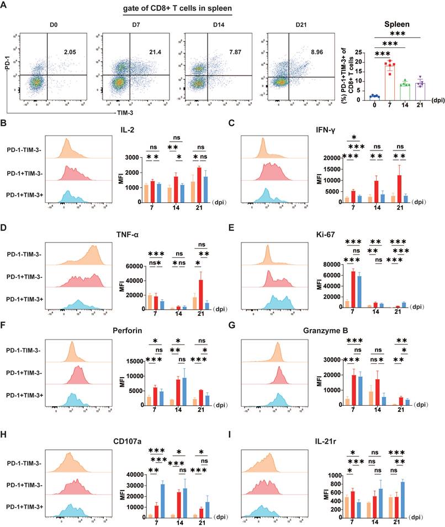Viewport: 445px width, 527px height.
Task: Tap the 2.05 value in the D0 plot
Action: (x=69, y=51)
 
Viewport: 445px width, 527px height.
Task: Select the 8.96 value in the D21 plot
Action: (x=322, y=53)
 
